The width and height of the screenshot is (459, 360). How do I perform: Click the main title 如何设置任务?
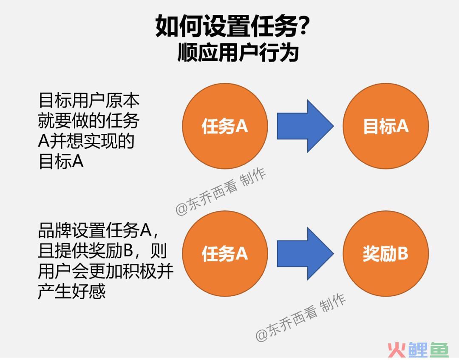pos(231,26)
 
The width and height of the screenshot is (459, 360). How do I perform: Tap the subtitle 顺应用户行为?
pos(238,53)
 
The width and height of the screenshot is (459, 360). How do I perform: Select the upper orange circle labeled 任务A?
pos(225,126)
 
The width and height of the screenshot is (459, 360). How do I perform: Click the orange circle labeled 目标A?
pos(386,126)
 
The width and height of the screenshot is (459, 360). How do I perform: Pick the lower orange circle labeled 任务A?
pos(225,253)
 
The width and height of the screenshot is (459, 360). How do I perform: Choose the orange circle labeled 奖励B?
pos(386,253)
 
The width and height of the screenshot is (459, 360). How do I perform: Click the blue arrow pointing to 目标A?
pos(305,126)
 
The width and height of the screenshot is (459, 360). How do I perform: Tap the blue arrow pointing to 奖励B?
pos(305,253)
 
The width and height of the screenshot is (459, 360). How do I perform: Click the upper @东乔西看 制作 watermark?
pos(221,191)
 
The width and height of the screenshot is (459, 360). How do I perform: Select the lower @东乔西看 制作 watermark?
pos(301,318)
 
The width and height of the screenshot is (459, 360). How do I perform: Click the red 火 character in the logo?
pos(397,350)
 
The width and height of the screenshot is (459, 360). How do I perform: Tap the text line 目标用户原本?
pos(89,101)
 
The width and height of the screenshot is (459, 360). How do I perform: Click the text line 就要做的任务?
pos(88,121)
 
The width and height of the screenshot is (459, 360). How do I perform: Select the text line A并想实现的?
pos(86,141)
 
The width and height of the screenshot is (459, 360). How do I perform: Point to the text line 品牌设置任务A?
pos(98,230)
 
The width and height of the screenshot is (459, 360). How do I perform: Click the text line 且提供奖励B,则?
pos(102,251)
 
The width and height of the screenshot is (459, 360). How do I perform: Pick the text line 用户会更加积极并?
pos(106,271)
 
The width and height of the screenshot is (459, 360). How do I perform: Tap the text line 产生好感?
pos(72,292)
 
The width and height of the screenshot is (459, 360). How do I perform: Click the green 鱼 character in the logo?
pos(438,350)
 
